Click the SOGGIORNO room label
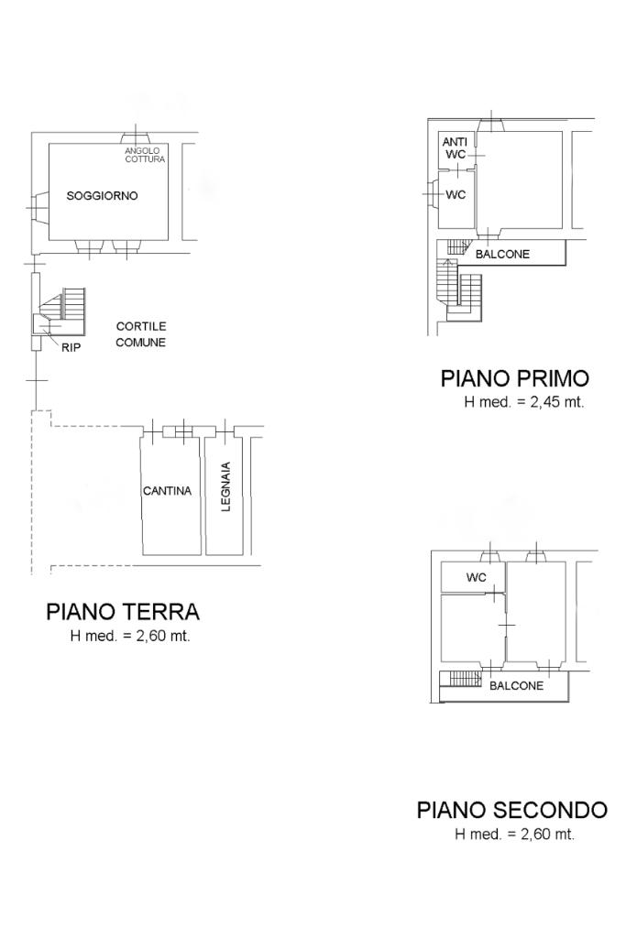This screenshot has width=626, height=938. pos(103,196)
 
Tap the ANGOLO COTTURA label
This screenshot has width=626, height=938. pos(144,155)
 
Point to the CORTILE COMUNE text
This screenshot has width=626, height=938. pos(140,334)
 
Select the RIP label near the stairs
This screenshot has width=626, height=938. pos(71,347)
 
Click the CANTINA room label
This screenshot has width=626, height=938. pos(167,491)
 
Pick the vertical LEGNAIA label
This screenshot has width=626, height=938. pos(225,486)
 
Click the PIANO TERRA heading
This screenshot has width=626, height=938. pos(123,612)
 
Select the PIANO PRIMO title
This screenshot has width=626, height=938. pos(515,378)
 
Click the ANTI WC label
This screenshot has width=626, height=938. pos(455,148)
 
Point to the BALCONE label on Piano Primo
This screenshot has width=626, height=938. pos(502,255)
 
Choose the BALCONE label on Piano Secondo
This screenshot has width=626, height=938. pos(517,685)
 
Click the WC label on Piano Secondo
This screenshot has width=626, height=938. pos(477,577)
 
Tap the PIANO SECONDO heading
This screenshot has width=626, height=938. pos(512,810)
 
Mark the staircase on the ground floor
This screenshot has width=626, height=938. pos(65,311)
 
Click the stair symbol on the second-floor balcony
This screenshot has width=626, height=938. pos(465,679)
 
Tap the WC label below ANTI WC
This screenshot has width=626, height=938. pos(456,194)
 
